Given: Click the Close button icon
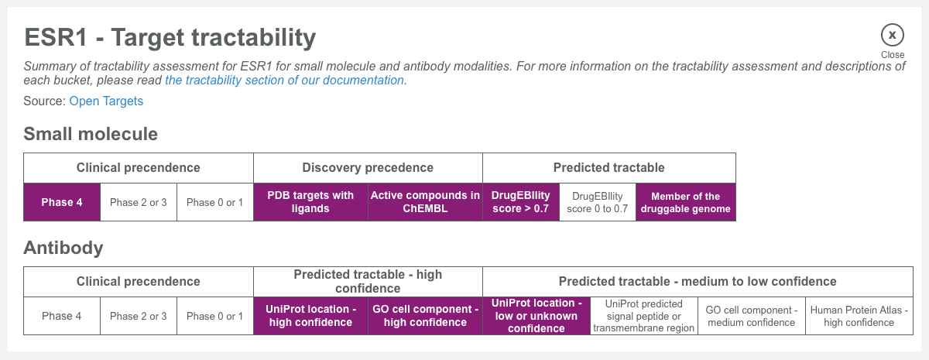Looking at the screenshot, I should tap(892, 35).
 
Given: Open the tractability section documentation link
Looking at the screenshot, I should tap(284, 81).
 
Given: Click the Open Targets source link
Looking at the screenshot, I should tap(106, 101).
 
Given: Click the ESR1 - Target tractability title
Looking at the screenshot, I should tap(170, 38).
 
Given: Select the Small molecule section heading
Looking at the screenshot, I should tap(91, 134).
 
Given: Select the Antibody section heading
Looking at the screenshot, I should tap(63, 248).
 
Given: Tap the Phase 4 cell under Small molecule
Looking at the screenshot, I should tap(62, 203).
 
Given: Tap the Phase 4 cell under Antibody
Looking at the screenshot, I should tap(62, 316).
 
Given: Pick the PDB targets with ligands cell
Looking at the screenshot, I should tap(310, 203).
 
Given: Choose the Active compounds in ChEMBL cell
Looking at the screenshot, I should tap(425, 203).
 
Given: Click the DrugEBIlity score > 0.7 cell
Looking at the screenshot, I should tap(520, 203).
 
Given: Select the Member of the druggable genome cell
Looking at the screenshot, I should tap(685, 203).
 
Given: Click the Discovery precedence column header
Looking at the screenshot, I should tap(368, 168).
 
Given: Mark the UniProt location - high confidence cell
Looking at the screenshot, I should tap(310, 316).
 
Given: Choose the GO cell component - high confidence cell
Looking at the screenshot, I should tap(425, 316).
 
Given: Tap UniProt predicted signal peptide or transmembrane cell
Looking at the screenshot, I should tap(643, 316).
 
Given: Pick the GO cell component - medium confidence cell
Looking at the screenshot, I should tap(751, 316).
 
